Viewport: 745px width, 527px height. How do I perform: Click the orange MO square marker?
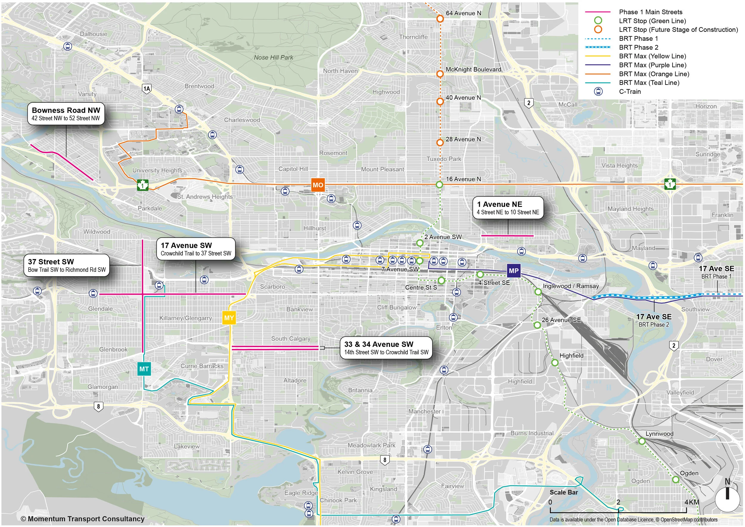[318, 185]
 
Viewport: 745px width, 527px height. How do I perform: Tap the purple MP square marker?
[513, 271]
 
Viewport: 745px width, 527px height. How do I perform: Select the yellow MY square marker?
[229, 318]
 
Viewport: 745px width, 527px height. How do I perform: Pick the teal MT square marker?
[144, 369]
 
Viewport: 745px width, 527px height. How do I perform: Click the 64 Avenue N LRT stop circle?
[440, 18]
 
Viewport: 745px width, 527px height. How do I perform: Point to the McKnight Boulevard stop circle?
[440, 74]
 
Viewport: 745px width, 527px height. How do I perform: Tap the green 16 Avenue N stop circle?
[439, 185]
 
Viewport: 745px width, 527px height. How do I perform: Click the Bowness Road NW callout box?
[66, 113]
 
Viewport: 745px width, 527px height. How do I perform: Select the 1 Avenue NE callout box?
[507, 208]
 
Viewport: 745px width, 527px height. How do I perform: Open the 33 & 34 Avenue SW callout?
[386, 347]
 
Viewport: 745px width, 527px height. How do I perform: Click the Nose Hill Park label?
[274, 57]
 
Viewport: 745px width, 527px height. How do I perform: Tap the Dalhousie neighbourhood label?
[94, 34]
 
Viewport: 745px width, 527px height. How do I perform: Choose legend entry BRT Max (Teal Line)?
[649, 83]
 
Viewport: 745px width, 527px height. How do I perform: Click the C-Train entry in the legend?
[630, 91]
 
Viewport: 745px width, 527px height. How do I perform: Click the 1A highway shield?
[147, 89]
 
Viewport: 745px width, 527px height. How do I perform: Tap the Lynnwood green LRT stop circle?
[642, 441]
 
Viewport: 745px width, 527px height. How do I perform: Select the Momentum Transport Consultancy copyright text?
[83, 519]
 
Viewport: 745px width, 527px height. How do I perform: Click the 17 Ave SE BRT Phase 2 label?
[654, 320]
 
